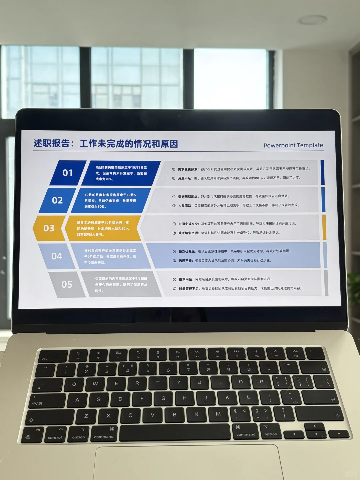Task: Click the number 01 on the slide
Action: coord(68,173)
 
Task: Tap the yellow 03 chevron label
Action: coord(49,228)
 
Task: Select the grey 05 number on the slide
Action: coord(67,284)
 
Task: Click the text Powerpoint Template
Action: coord(293,145)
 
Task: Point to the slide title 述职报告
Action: coord(52,144)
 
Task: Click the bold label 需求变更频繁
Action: coord(188,169)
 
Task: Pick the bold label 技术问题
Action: coord(186,279)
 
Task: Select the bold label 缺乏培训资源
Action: coord(189,233)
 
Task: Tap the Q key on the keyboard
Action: coord(74,384)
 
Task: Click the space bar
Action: coord(175,433)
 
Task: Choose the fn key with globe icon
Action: coord(33,434)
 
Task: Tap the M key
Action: coord(218,414)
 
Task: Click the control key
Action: coord(55,434)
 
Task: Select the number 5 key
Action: coord(148,369)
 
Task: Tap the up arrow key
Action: coord(314,426)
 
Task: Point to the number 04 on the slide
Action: coord(57,256)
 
